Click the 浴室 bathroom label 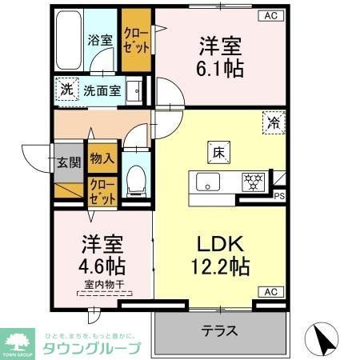(x=98, y=39)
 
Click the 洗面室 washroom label (x=103, y=90)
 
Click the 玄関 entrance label (x=68, y=162)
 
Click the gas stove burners (x=255, y=180)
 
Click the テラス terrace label (x=217, y=328)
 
